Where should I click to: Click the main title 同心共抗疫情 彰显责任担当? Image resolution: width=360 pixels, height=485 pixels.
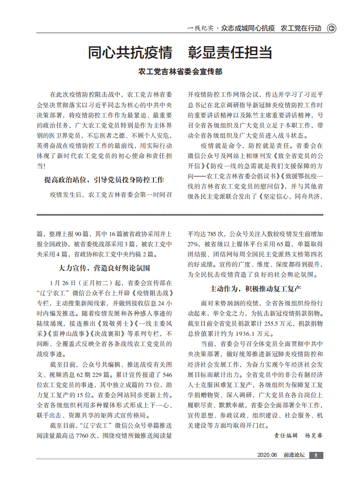(x=180, y=53)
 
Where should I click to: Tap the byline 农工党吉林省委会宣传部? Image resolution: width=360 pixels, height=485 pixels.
(x=180, y=71)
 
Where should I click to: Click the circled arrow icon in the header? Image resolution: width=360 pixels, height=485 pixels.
(x=331, y=28)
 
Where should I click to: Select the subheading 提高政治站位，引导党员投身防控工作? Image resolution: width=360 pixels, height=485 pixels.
(x=104, y=180)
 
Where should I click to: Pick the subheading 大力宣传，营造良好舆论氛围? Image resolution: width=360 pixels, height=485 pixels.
(x=104, y=268)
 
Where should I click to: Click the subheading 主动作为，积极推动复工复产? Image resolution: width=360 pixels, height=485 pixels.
(x=255, y=289)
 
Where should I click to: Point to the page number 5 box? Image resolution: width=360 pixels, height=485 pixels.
(x=316, y=455)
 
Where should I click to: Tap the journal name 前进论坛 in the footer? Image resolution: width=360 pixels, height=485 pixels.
(x=294, y=455)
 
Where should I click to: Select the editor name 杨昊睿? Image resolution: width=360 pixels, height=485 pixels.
(x=314, y=435)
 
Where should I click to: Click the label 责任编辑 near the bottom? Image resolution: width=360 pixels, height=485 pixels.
(x=286, y=435)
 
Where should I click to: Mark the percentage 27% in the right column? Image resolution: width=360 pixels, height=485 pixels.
(x=194, y=244)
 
